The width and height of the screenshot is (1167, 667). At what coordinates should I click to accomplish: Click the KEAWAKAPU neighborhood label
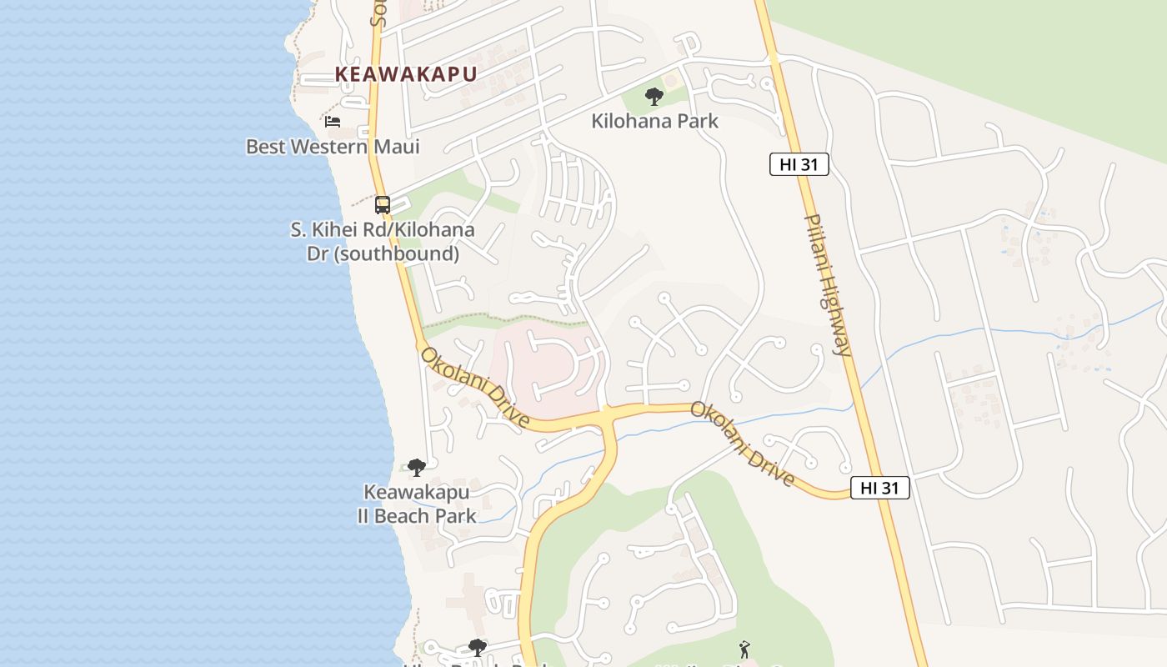click(406, 74)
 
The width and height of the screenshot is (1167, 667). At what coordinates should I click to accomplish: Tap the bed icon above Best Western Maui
click(333, 122)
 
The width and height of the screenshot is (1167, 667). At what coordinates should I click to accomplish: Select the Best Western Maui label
click(333, 147)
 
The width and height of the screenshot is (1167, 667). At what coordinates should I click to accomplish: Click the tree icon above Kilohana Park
click(654, 97)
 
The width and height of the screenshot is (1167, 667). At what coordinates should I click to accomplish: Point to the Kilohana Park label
click(654, 121)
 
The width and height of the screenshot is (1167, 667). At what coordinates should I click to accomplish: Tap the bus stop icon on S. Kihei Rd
click(383, 204)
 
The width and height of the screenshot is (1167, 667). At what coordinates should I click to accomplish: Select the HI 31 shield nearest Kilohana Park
click(799, 164)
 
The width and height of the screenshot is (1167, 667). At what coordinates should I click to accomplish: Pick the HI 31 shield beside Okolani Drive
click(879, 488)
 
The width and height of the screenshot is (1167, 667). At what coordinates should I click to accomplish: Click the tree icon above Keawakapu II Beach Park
click(417, 468)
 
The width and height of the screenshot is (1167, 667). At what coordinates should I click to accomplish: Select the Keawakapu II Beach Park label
click(417, 504)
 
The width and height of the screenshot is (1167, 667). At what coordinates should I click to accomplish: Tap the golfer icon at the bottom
click(744, 649)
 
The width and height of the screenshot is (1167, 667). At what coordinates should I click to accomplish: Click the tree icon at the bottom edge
click(477, 647)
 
